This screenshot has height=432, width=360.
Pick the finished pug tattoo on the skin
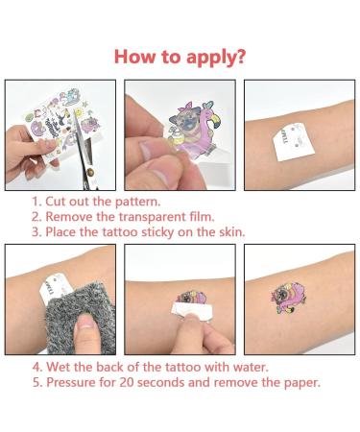[300, 299]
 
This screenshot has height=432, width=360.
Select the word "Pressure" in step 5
[75, 382]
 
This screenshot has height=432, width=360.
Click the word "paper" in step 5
[295, 382]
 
